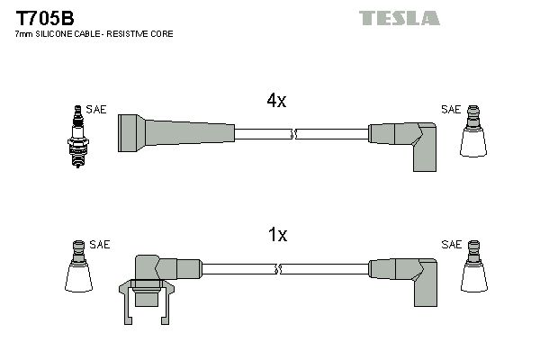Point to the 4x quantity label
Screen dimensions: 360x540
click(x=276, y=102)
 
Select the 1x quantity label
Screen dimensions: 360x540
click(x=277, y=236)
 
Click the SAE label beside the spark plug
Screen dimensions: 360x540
click(x=97, y=109)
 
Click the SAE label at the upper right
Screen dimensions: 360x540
click(x=450, y=109)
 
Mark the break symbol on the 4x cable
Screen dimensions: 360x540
click(x=293, y=135)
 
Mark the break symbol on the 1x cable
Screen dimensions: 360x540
click(x=280, y=269)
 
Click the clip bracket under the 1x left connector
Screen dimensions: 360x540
click(x=144, y=296)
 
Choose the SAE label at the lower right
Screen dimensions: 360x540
click(x=450, y=244)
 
